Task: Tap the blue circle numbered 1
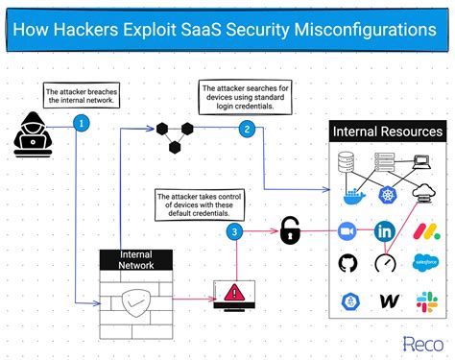tap(83, 123)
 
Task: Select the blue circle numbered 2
tap(247, 129)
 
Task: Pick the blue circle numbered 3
tap(234, 231)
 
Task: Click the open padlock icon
tap(290, 229)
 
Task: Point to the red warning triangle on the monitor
tap(234, 290)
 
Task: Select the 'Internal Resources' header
tap(387, 131)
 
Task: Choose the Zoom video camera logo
tap(347, 230)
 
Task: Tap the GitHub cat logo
tap(347, 264)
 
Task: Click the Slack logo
tap(426, 300)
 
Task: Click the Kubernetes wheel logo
tap(387, 195)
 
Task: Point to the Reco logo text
tap(420, 342)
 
